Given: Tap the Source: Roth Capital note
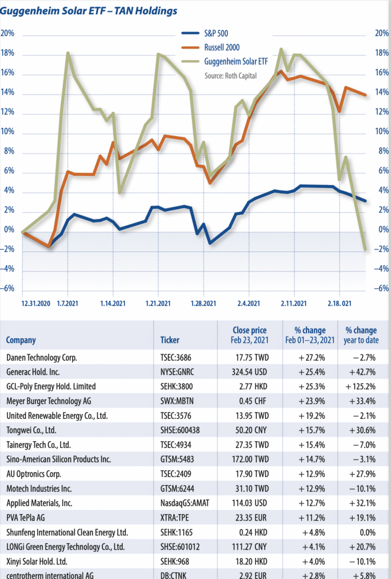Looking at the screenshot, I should tap(230, 75).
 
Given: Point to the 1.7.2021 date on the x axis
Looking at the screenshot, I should tap(68, 303).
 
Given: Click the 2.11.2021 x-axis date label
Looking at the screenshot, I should tap(294, 303).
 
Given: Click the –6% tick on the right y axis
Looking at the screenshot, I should tap(381, 289).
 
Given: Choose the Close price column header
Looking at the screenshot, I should tap(249, 335).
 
